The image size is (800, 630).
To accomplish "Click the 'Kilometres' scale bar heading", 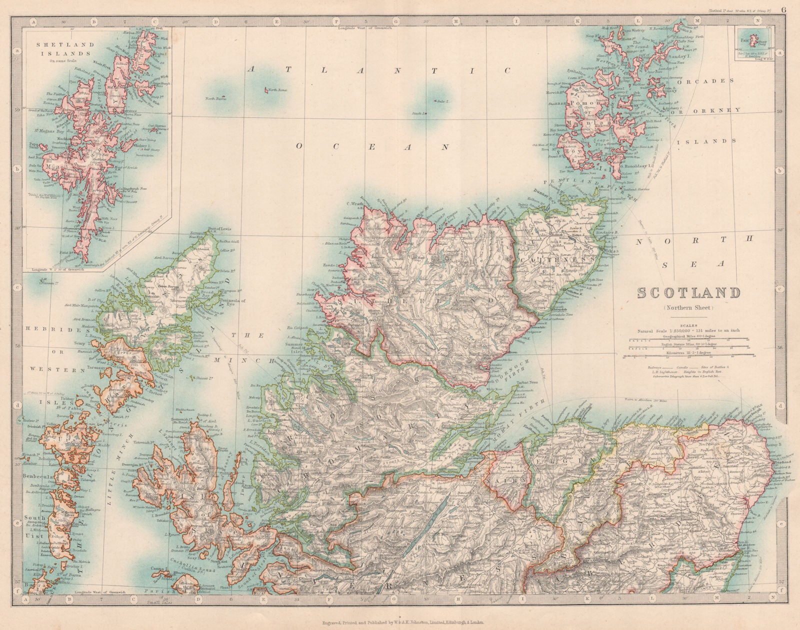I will tap(687, 352).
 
